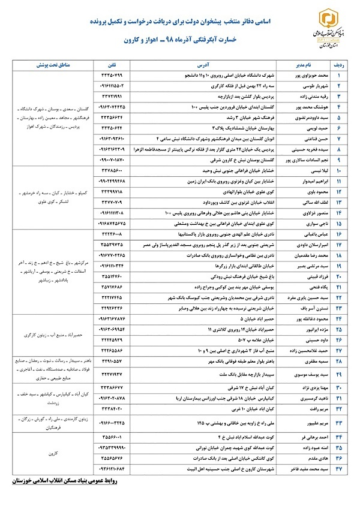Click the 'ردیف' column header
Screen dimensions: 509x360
pos(342,64)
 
